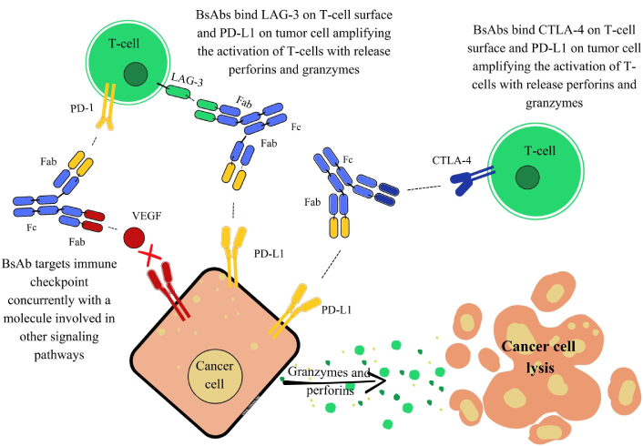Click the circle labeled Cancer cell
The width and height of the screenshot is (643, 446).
pos(216,373)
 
